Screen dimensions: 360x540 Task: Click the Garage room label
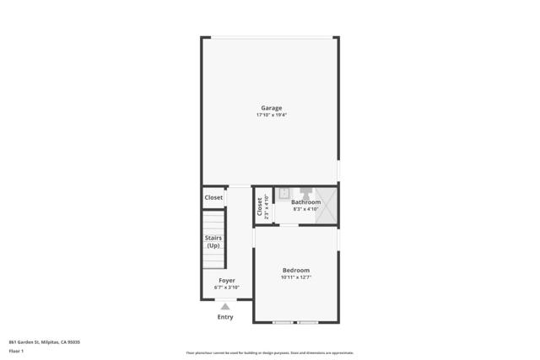(x=271, y=107)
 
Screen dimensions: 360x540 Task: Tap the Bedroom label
(x=295, y=270)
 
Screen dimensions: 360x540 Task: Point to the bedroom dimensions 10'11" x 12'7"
(x=295, y=277)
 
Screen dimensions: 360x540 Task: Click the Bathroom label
(x=305, y=202)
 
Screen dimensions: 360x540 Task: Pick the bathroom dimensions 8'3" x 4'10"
(x=305, y=209)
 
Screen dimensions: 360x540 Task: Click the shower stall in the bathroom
(x=327, y=205)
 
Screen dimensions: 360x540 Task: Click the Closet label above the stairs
(x=213, y=197)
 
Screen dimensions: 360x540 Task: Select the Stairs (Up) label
(x=213, y=241)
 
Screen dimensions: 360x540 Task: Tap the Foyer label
(x=226, y=280)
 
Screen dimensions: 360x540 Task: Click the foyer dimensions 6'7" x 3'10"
(x=226, y=287)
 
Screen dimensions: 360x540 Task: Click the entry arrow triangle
(x=225, y=307)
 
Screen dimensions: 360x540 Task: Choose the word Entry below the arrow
(x=225, y=317)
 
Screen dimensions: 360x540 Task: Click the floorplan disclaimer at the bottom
(x=269, y=352)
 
